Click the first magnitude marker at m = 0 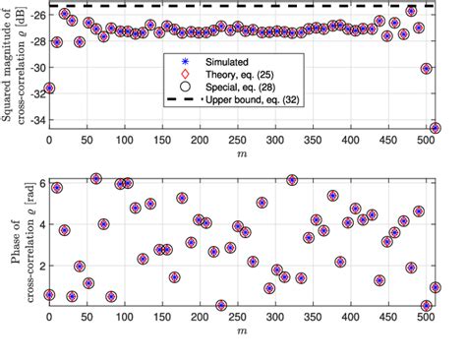tap(49, 88)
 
